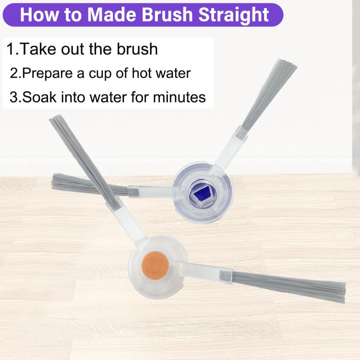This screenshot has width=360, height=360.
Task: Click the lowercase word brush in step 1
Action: click(x=136, y=49)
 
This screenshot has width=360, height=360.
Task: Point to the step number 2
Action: click(x=14, y=74)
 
